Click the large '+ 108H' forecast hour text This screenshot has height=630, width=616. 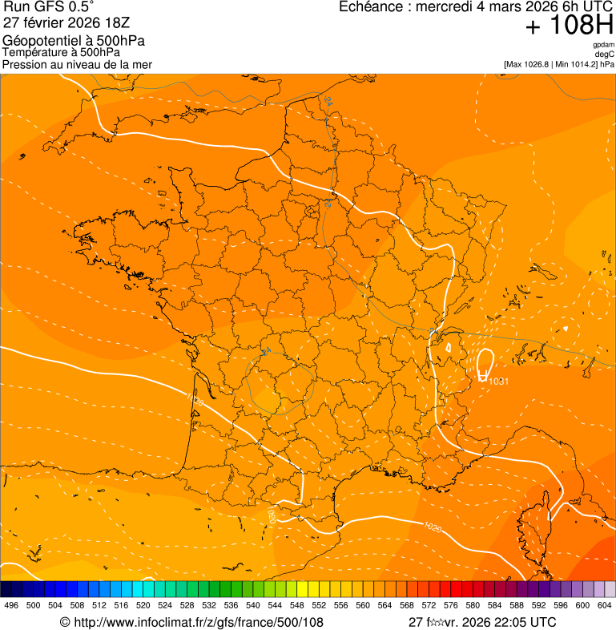click(570, 26)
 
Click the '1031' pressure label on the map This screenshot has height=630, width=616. click(498, 381)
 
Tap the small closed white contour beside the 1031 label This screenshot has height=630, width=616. click(484, 364)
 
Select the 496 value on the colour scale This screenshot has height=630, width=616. click(11, 606)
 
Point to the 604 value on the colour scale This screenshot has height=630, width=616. click(605, 606)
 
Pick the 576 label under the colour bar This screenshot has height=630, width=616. click(451, 606)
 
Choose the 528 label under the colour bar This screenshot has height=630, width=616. click(187, 606)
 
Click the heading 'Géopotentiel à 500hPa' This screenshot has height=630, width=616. click(74, 41)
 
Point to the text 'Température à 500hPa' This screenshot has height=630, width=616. click(61, 53)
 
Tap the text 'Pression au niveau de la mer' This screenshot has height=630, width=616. click(77, 64)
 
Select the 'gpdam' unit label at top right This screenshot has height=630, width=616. click(603, 45)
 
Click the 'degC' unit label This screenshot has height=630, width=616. click(605, 55)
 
